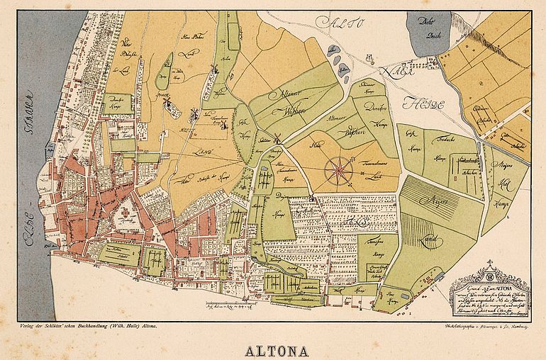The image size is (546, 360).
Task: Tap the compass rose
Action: click(x=338, y=169)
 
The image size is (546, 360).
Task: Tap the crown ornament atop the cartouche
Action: click(x=489, y=270)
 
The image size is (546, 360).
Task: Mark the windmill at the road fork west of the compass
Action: click(x=278, y=140)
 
